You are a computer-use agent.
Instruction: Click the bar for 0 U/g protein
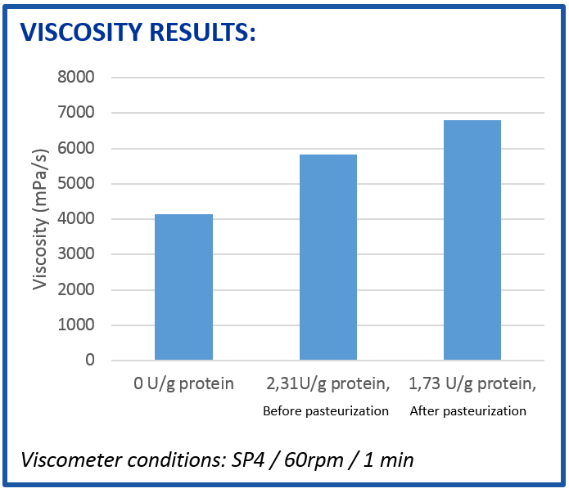tap(183, 287)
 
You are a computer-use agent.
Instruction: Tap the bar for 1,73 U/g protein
tap(472, 240)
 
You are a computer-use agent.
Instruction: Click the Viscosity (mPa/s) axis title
tap(39, 218)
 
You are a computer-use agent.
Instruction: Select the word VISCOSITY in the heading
tap(80, 32)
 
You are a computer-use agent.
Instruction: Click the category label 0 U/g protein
tap(184, 383)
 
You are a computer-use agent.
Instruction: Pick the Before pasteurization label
tap(326, 411)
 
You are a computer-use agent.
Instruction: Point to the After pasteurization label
tap(467, 411)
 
